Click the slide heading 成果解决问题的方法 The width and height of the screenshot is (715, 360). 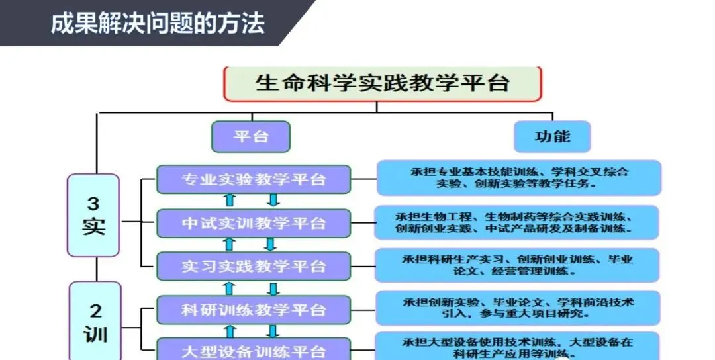pyautogui.click(x=158, y=23)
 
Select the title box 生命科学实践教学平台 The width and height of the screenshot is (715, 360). pyautogui.click(x=383, y=84)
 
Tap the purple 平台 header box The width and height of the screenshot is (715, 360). pyautogui.click(x=251, y=136)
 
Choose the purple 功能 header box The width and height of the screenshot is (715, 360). pyautogui.click(x=552, y=136)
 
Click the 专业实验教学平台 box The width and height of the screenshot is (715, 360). pyautogui.click(x=254, y=179)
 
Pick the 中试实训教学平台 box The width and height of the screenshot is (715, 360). pyautogui.click(x=254, y=223)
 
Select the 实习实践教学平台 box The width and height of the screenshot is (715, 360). pyautogui.click(x=254, y=266)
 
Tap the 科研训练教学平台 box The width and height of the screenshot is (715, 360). pyautogui.click(x=254, y=309)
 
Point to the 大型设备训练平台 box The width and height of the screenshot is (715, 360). pyautogui.click(x=254, y=349)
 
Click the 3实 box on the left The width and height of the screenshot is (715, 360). pyautogui.click(x=93, y=215)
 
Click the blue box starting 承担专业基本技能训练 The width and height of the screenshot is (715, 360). pyautogui.click(x=519, y=178)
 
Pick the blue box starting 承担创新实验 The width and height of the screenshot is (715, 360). pyautogui.click(x=518, y=308)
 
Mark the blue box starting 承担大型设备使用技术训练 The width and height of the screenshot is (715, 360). pyautogui.click(x=518, y=347)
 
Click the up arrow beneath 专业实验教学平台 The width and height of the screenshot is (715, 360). pyautogui.click(x=230, y=201)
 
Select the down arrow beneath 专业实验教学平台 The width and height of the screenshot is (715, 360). pyautogui.click(x=273, y=201)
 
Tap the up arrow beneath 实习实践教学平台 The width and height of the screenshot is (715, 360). pyautogui.click(x=230, y=288)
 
